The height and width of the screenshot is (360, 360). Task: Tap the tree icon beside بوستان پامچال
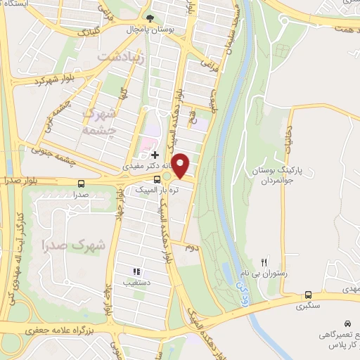(148, 19)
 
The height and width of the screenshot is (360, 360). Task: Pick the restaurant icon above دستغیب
(137, 271)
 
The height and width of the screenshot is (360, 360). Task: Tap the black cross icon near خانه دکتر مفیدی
(155, 154)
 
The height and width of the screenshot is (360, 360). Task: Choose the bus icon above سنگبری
(309, 295)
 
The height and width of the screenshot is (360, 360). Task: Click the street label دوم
(190, 247)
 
